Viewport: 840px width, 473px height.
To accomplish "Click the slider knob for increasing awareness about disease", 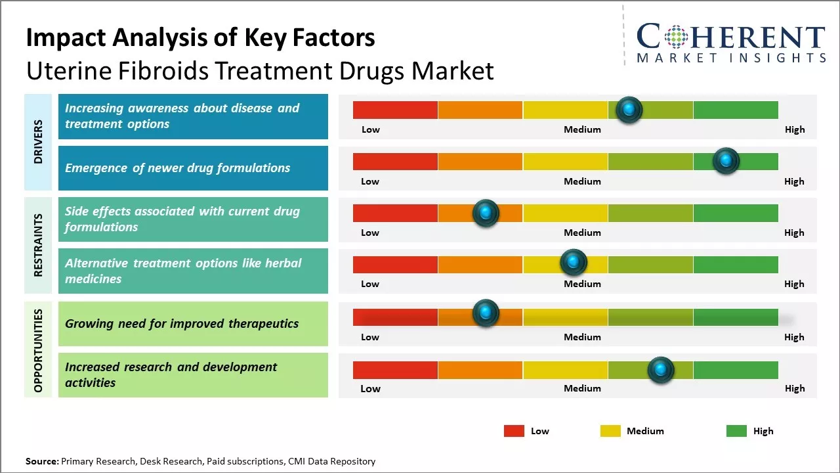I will pyautogui.click(x=629, y=110).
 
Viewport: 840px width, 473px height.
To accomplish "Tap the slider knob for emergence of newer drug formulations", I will pyautogui.click(x=726, y=161).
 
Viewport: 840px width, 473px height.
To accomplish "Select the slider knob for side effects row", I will pyautogui.click(x=486, y=213).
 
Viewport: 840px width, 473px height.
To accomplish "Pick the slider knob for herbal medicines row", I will pyautogui.click(x=574, y=263).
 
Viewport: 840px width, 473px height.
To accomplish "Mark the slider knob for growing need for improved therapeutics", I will pyautogui.click(x=486, y=313).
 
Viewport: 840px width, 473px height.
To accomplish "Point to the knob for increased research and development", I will pyautogui.click(x=661, y=370).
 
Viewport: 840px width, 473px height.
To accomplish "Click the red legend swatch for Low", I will pyautogui.click(x=514, y=431).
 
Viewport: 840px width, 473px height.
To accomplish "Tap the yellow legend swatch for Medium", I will pyautogui.click(x=610, y=431).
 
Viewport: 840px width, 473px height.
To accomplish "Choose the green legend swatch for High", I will pyautogui.click(x=736, y=431).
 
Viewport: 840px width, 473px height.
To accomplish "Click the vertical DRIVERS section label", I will pyautogui.click(x=38, y=141).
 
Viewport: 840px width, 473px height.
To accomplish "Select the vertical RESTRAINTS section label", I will pyautogui.click(x=38, y=245).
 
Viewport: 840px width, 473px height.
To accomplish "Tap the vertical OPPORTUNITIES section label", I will pyautogui.click(x=38, y=350).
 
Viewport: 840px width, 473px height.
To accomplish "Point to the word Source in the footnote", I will pyautogui.click(x=41, y=461).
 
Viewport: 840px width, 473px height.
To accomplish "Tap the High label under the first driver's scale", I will pyautogui.click(x=795, y=129).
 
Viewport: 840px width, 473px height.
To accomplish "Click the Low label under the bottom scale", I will pyautogui.click(x=370, y=388).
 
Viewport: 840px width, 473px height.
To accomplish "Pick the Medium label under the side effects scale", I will pyautogui.click(x=582, y=233).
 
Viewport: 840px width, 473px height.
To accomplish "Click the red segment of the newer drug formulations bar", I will pyautogui.click(x=395, y=161).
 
